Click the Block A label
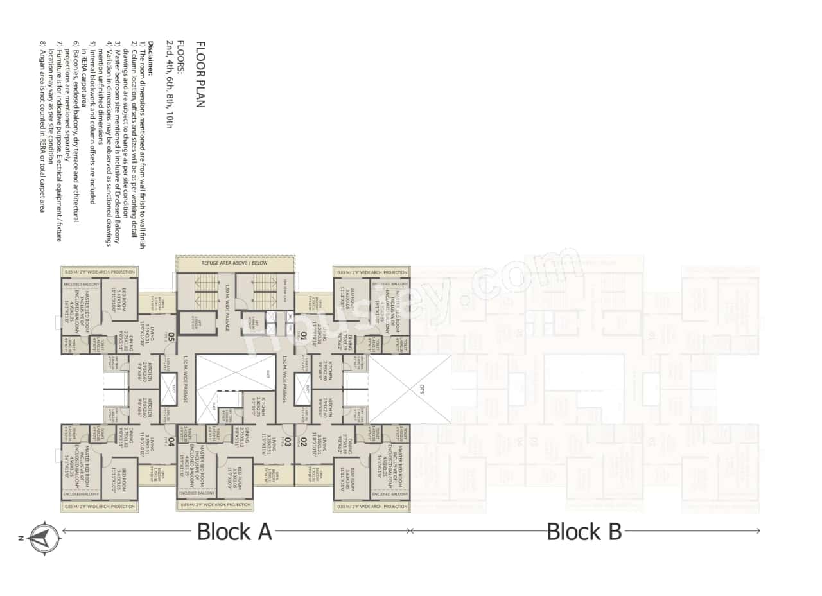[234, 532]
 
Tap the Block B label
[584, 532]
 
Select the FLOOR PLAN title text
[200, 74]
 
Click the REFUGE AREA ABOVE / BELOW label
[235, 263]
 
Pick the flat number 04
[171, 441]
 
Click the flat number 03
[287, 441]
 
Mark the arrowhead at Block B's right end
[758, 531]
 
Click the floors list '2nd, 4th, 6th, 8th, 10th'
[170, 84]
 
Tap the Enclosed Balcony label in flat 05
[80, 283]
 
